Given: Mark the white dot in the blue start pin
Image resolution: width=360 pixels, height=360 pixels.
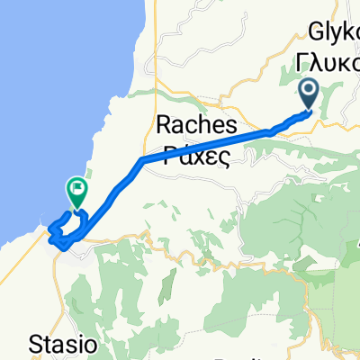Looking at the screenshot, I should [309, 90].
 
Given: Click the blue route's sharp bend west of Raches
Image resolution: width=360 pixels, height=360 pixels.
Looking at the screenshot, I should [141, 160].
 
